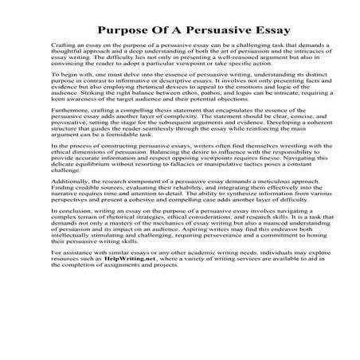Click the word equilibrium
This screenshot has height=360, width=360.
pyautogui.click(x=88, y=184)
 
